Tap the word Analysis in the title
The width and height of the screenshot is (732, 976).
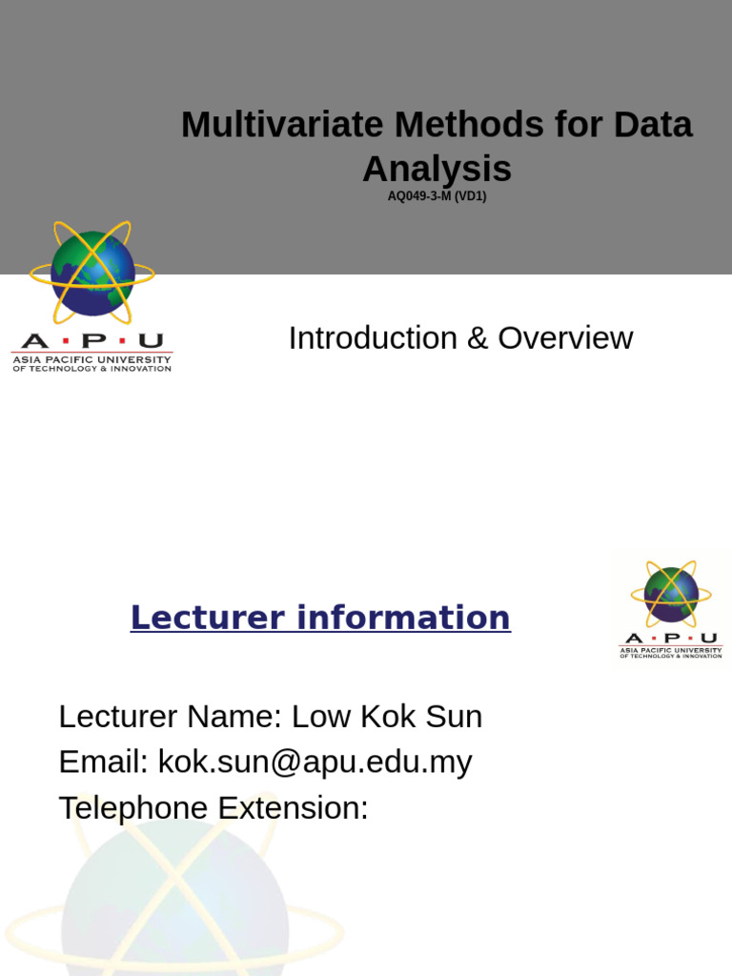coord(437,170)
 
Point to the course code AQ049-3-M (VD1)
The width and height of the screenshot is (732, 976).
coord(437,197)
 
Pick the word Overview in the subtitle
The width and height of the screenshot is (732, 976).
coord(565,338)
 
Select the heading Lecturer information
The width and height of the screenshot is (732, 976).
coord(320,618)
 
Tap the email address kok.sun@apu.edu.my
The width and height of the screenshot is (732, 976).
coord(315,762)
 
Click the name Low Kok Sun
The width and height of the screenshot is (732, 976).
coord(386,717)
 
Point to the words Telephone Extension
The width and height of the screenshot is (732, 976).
coord(213,808)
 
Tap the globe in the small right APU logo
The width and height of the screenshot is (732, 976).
coord(671,595)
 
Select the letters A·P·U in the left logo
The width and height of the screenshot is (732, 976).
coord(91,341)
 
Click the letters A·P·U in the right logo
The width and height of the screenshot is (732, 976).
coord(671,638)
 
